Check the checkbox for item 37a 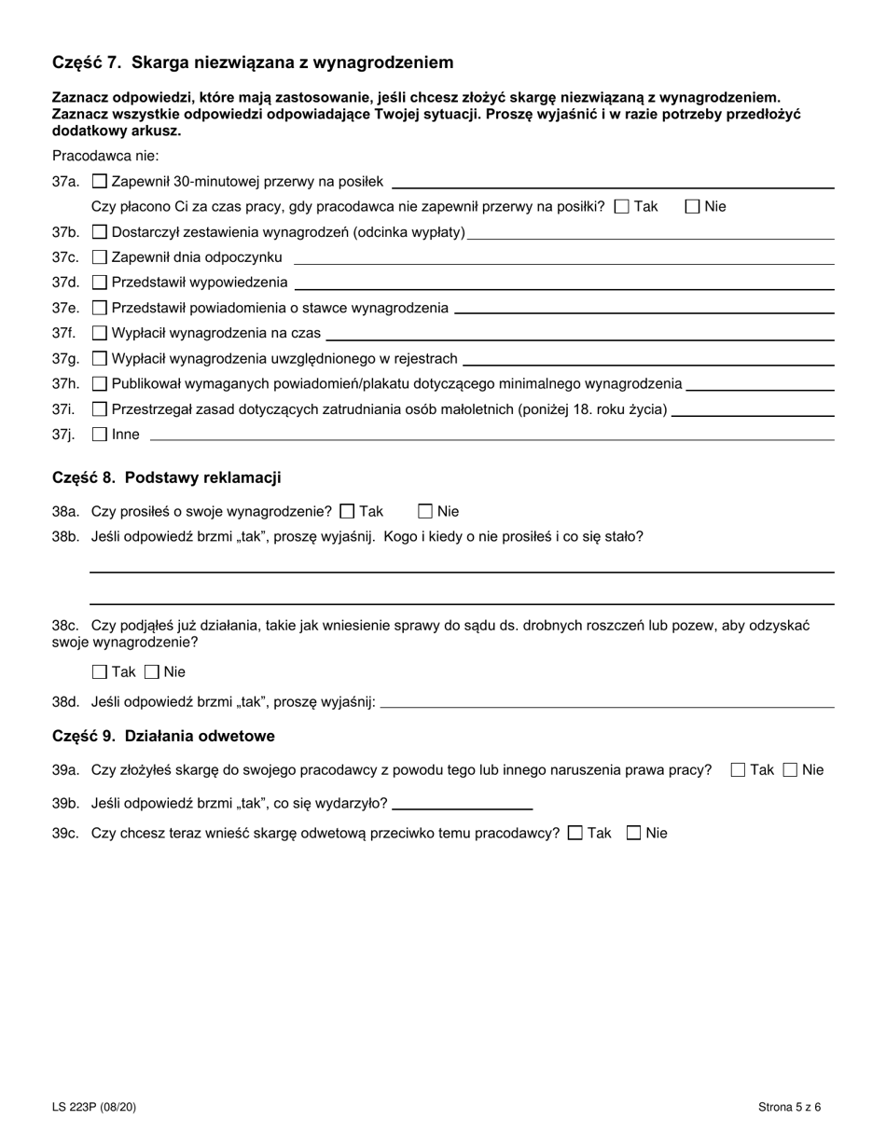pos(100,182)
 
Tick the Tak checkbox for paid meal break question pos(622,207)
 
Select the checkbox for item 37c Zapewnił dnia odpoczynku pos(100,257)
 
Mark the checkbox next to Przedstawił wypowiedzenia pos(100,283)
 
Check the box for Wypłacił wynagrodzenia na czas pos(100,333)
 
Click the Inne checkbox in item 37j pos(100,434)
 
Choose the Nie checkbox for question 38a pos(425,511)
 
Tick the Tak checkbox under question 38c pos(100,672)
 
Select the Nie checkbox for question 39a pos(790,770)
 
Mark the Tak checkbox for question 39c pos(575,834)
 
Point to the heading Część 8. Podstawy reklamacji pos(167,478)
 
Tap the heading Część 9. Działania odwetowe pos(163,737)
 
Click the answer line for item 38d pos(606,705)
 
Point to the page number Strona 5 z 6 pos(789,1108)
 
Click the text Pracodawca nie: pos(105,156)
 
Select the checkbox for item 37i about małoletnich pos(100,408)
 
